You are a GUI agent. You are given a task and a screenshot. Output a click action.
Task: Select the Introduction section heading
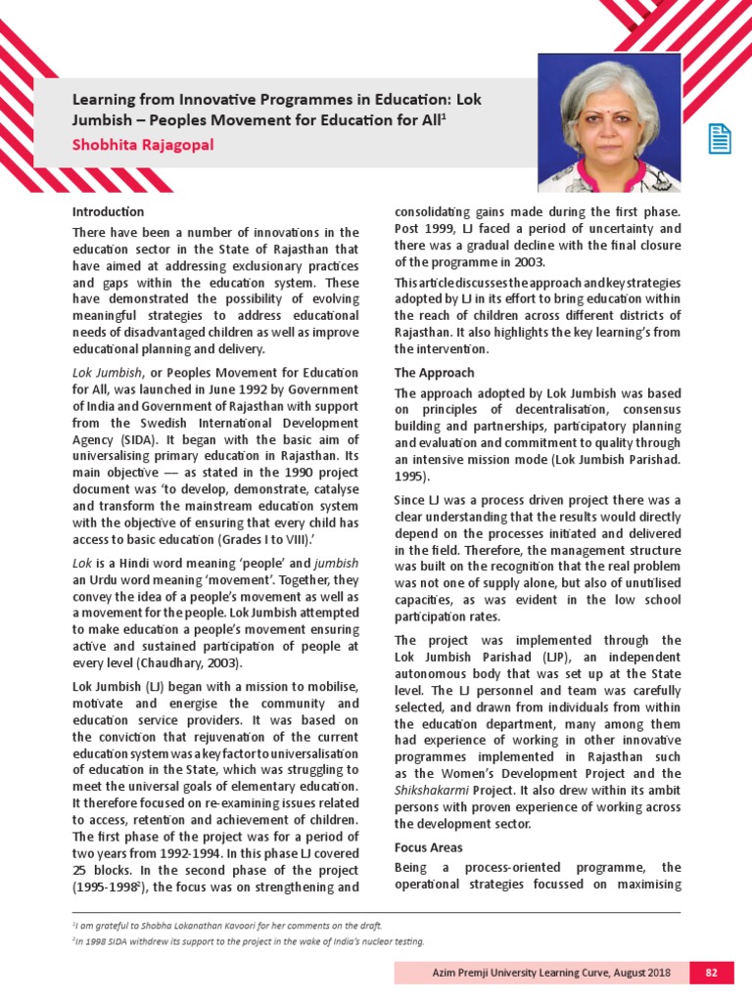click(108, 211)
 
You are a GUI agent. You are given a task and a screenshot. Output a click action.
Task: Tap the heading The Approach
click(434, 373)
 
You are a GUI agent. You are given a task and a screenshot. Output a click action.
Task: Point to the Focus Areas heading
click(428, 847)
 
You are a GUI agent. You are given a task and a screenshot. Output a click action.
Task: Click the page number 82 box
click(711, 973)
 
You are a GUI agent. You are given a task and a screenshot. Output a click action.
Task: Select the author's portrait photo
click(609, 122)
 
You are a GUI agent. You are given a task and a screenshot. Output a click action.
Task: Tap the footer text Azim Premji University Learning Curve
click(540, 973)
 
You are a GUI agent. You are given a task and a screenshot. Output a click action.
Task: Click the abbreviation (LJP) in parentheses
click(535, 657)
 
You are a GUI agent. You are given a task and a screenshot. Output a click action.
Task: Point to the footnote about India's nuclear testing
click(249, 941)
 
